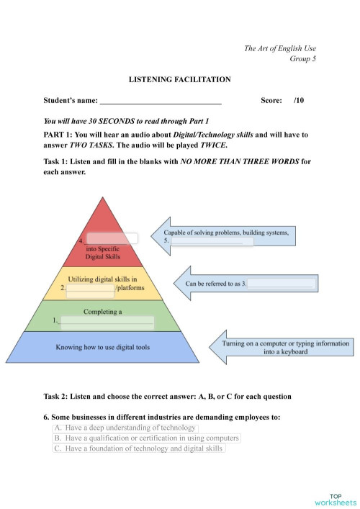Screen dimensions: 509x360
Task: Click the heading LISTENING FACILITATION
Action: pyautogui.click(x=179, y=79)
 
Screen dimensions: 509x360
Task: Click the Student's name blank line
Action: pyautogui.click(x=161, y=102)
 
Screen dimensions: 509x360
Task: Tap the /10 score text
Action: pyautogui.click(x=299, y=102)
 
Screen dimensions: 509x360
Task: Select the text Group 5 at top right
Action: pyautogui.click(x=302, y=59)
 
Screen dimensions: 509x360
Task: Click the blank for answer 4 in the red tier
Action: pyautogui.click(x=112, y=238)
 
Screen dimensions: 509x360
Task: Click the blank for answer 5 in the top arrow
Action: pyautogui.click(x=212, y=241)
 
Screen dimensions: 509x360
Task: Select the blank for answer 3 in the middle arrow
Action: pyautogui.click(x=282, y=284)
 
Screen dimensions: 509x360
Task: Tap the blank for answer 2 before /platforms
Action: pyautogui.click(x=91, y=288)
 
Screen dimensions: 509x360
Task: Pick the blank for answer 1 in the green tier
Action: pyautogui.click(x=107, y=322)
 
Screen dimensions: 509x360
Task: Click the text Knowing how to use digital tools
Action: pyautogui.click(x=103, y=348)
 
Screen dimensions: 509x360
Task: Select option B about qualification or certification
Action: pyautogui.click(x=146, y=438)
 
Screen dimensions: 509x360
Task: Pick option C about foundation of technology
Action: pyautogui.click(x=139, y=448)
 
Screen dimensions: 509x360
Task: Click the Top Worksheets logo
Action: pyautogui.click(x=336, y=499)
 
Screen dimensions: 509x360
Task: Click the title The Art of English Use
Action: pyautogui.click(x=279, y=48)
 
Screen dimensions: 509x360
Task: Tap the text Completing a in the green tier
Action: pyautogui.click(x=103, y=312)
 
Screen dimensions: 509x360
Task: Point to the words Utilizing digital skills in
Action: pyautogui.click(x=102, y=279)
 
